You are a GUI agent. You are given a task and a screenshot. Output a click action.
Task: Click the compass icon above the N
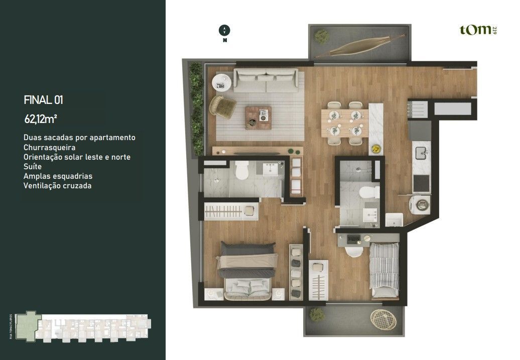(224, 30)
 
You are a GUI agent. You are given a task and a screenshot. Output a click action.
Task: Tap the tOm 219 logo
(478, 30)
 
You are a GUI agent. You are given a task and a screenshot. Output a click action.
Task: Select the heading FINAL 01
(43, 100)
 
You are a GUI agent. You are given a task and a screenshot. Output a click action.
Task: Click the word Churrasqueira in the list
(49, 148)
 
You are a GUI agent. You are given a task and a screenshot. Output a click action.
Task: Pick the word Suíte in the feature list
(33, 167)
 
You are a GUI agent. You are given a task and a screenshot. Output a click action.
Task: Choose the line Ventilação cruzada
(57, 186)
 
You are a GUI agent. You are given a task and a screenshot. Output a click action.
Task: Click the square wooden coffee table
(258, 117)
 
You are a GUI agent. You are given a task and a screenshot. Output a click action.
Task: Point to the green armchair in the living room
(222, 105)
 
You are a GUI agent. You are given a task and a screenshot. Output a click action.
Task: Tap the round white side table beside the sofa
(221, 82)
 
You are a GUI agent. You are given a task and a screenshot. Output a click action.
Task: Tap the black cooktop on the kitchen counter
(421, 183)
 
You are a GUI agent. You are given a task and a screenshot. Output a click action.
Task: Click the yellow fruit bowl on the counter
(375, 149)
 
